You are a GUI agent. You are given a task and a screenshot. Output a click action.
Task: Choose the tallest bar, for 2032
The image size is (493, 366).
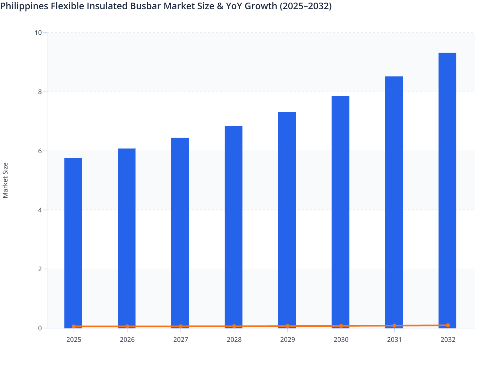(447, 190)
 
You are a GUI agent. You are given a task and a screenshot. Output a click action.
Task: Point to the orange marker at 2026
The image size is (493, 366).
(127, 326)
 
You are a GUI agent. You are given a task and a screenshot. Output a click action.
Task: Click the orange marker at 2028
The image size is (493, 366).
(234, 326)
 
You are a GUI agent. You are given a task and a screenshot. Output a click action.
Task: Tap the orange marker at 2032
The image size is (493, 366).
(448, 325)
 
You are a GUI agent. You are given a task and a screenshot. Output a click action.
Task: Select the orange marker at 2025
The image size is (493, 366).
(74, 326)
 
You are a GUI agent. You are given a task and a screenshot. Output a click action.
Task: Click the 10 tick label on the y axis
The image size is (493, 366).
(38, 33)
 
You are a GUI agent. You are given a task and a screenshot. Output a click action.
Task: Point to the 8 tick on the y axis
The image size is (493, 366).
(40, 92)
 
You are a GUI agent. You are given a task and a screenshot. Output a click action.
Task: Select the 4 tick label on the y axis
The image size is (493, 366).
(40, 210)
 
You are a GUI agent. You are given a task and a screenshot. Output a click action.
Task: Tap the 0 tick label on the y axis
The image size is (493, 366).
(40, 328)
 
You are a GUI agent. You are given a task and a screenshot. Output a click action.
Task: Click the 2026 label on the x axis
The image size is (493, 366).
(127, 340)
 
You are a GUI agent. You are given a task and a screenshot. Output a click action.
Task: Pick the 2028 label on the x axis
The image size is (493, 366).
(234, 340)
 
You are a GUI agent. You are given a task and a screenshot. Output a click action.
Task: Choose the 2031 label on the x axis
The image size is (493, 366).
(394, 340)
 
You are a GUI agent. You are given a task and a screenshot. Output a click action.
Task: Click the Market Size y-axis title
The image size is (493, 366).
(5, 180)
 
